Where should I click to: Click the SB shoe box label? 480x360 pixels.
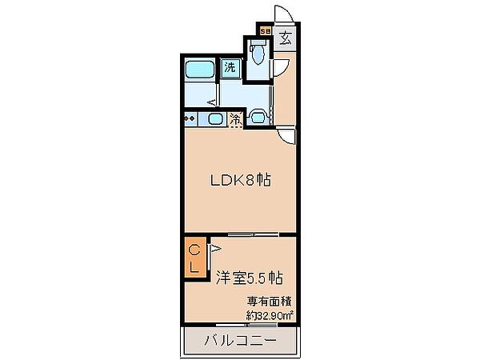pyautogui.click(x=266, y=32)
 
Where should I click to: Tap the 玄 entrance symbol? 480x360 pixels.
pyautogui.click(x=286, y=37)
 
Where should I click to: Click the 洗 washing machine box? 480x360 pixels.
pyautogui.click(x=230, y=68)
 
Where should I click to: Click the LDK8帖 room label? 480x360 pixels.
pyautogui.click(x=239, y=180)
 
